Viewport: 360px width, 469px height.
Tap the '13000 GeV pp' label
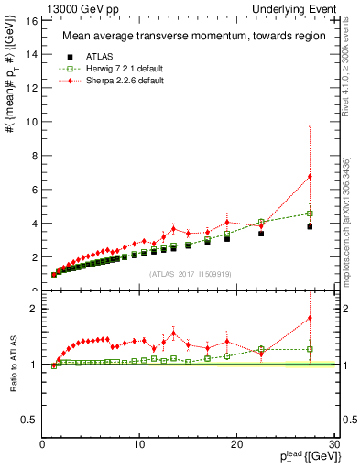click(75, 8)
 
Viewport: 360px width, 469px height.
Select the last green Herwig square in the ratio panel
click(310, 349)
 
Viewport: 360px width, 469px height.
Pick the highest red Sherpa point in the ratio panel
click(310, 318)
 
